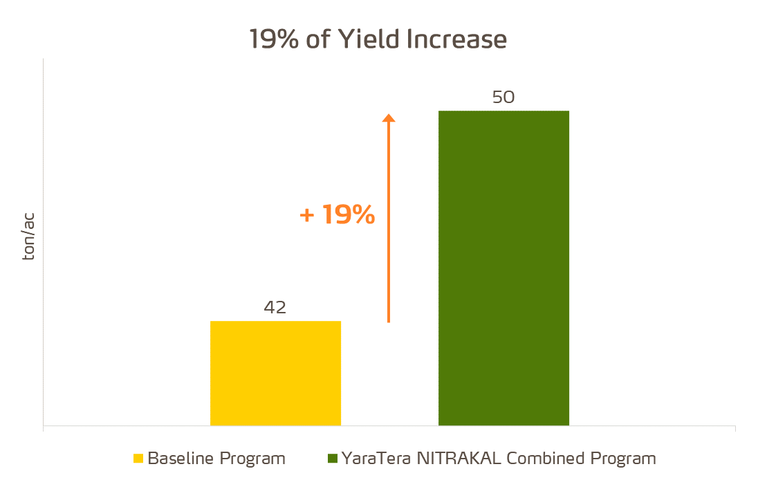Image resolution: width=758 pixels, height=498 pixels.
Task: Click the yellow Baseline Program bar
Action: (275, 373)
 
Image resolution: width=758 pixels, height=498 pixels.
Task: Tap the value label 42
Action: (275, 307)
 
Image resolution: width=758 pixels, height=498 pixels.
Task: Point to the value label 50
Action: (503, 97)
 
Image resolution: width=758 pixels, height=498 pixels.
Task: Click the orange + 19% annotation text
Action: (338, 215)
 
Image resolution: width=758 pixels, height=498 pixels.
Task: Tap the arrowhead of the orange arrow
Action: (389, 118)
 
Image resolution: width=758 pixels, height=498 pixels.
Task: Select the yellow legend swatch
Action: (138, 459)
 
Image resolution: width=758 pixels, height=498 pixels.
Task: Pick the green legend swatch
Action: (333, 459)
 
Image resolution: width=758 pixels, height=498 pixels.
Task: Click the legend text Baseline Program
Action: (216, 459)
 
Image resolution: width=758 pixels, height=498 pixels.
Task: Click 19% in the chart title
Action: (274, 39)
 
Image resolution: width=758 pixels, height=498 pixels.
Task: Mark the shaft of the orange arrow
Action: (389, 228)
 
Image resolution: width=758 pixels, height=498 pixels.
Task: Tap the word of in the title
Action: (319, 39)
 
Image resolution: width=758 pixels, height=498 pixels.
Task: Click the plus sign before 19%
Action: (306, 216)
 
